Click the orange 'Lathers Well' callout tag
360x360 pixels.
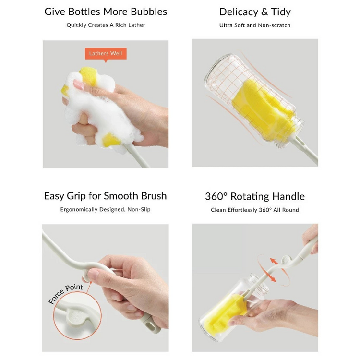click(x=106, y=54)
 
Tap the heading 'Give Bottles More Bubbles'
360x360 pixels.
click(x=106, y=12)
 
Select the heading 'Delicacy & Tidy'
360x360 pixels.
click(x=255, y=12)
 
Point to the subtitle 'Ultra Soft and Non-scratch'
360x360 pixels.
click(x=255, y=25)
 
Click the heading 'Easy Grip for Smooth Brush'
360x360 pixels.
click(x=106, y=196)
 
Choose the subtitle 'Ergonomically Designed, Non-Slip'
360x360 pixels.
click(x=106, y=209)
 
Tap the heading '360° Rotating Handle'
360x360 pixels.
click(x=255, y=196)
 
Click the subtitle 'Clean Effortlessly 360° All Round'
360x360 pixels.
click(x=255, y=210)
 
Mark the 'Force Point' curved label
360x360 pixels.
click(x=66, y=294)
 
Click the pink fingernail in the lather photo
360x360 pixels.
click(x=79, y=84)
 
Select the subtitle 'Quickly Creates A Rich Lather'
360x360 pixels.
click(x=106, y=25)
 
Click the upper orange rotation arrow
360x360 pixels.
click(x=274, y=261)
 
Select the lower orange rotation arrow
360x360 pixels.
click(x=272, y=278)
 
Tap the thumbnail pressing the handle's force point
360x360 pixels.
click(x=94, y=274)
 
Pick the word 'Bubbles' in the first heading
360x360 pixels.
click(x=149, y=12)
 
